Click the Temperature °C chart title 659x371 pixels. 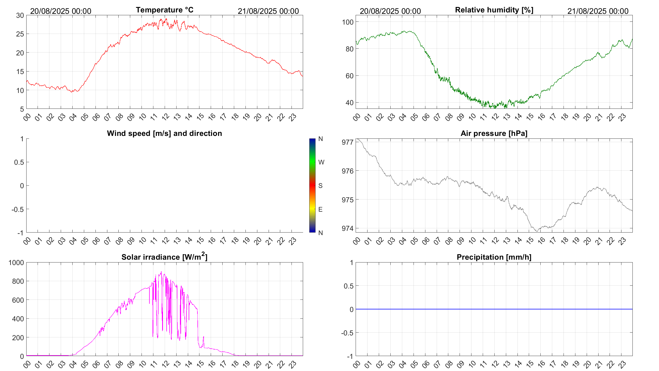point(164,10)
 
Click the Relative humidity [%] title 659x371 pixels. point(494,10)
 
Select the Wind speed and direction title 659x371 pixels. point(164,133)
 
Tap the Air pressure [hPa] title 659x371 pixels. point(494,133)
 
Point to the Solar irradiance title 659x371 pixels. point(164,257)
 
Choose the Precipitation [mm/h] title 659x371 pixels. point(494,257)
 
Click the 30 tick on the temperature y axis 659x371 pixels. point(20,16)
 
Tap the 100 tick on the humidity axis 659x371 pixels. point(347,22)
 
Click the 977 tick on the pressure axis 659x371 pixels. point(347,142)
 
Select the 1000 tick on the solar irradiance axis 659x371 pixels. point(16,262)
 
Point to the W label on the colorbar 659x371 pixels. point(321,162)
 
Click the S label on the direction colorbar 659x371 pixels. point(320,186)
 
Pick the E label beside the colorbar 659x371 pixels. point(320,209)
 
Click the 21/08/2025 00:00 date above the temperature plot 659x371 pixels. point(268,11)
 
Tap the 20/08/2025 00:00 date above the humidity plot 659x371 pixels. point(390,11)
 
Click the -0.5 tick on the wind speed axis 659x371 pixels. point(18,209)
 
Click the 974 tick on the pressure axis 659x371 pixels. point(347,228)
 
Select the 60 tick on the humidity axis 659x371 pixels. point(349,76)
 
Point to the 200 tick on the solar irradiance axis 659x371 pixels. point(18,337)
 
